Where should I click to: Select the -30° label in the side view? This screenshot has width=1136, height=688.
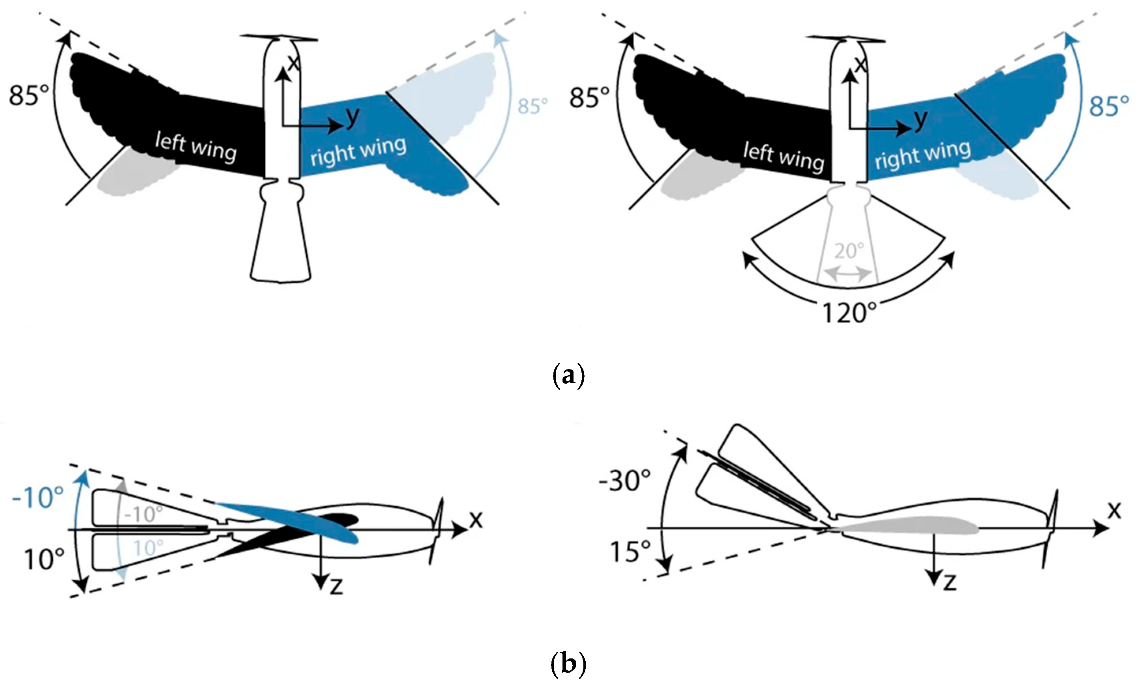point(625,481)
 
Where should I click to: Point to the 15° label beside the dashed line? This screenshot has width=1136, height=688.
point(630,552)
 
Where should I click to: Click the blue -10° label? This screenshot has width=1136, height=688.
point(38,498)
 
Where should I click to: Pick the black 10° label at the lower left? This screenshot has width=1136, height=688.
point(44,560)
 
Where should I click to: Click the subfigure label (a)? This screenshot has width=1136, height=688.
point(568,376)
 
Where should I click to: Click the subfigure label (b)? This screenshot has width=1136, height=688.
point(568,664)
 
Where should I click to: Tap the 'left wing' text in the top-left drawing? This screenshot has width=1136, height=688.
point(196,147)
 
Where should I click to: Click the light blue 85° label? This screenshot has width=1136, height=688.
point(533,106)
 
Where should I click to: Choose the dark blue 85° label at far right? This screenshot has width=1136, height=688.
point(1109,106)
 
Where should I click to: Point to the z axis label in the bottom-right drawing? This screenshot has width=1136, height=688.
point(949,582)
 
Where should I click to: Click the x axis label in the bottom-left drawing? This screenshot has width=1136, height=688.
point(475,520)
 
